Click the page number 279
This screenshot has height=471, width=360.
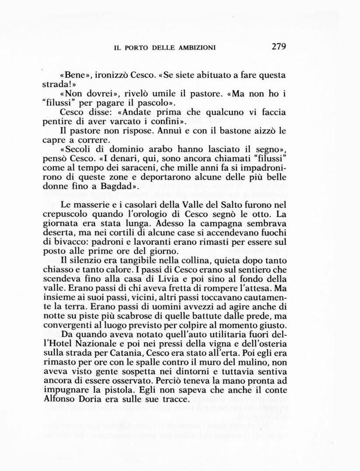[x=278, y=47]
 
